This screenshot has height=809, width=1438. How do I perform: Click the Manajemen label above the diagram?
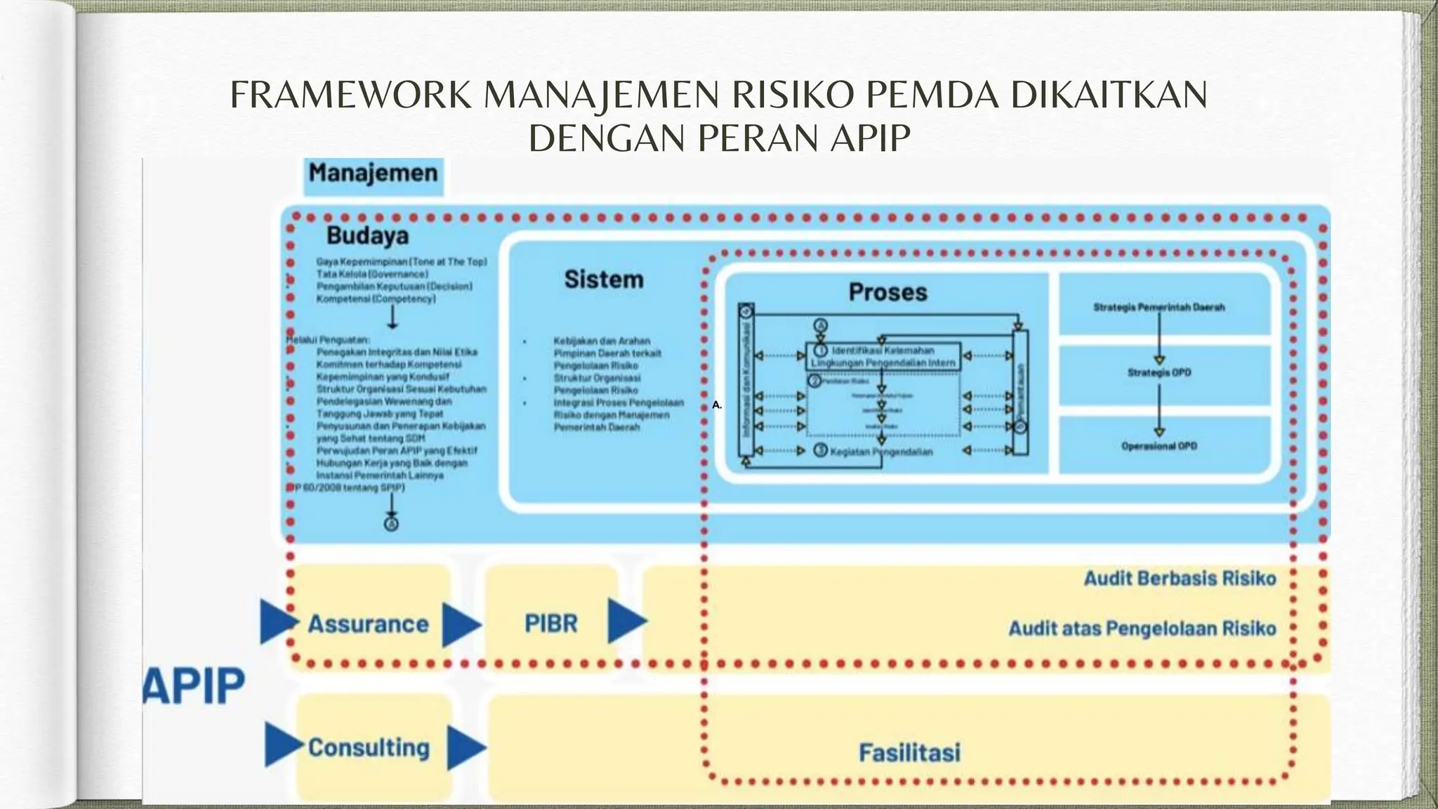coord(373,173)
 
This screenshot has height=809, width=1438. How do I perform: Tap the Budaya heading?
coord(367,236)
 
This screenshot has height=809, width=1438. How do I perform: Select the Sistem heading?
coord(604,279)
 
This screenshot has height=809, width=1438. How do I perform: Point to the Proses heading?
coord(888,292)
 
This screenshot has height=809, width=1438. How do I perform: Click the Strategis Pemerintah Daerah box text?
coord(1159,308)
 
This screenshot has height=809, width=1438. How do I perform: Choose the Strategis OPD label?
coord(1159,373)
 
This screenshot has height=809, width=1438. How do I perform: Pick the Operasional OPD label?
coord(1159,446)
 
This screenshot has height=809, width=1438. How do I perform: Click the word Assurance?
coord(368,624)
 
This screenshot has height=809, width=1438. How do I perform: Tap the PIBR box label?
coord(551,624)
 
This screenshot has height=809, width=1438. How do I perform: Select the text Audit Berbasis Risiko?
coord(1180,579)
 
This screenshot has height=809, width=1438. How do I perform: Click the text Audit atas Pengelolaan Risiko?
coord(1142,629)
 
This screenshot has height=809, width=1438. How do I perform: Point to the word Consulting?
coord(369,748)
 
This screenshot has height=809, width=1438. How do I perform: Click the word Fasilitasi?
coord(909,753)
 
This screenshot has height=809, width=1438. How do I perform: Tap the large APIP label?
coord(194,685)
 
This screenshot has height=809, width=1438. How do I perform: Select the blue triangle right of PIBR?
coord(626,621)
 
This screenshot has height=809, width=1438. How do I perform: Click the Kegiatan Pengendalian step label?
coord(881,452)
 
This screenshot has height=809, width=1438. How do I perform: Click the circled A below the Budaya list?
coord(392,524)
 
